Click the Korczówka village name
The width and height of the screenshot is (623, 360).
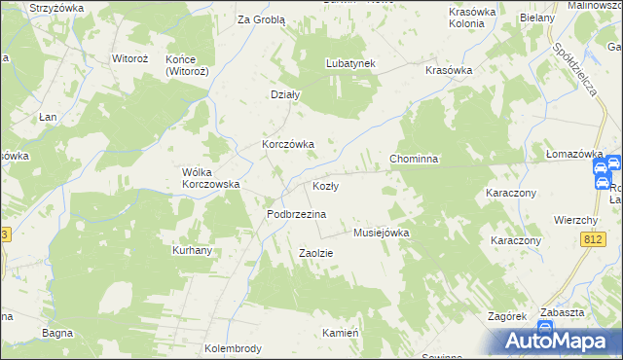(x=287, y=144)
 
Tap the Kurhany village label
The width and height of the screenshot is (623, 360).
(x=193, y=250)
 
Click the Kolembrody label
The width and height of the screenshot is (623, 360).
(x=233, y=348)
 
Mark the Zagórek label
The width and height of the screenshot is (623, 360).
(x=507, y=317)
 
